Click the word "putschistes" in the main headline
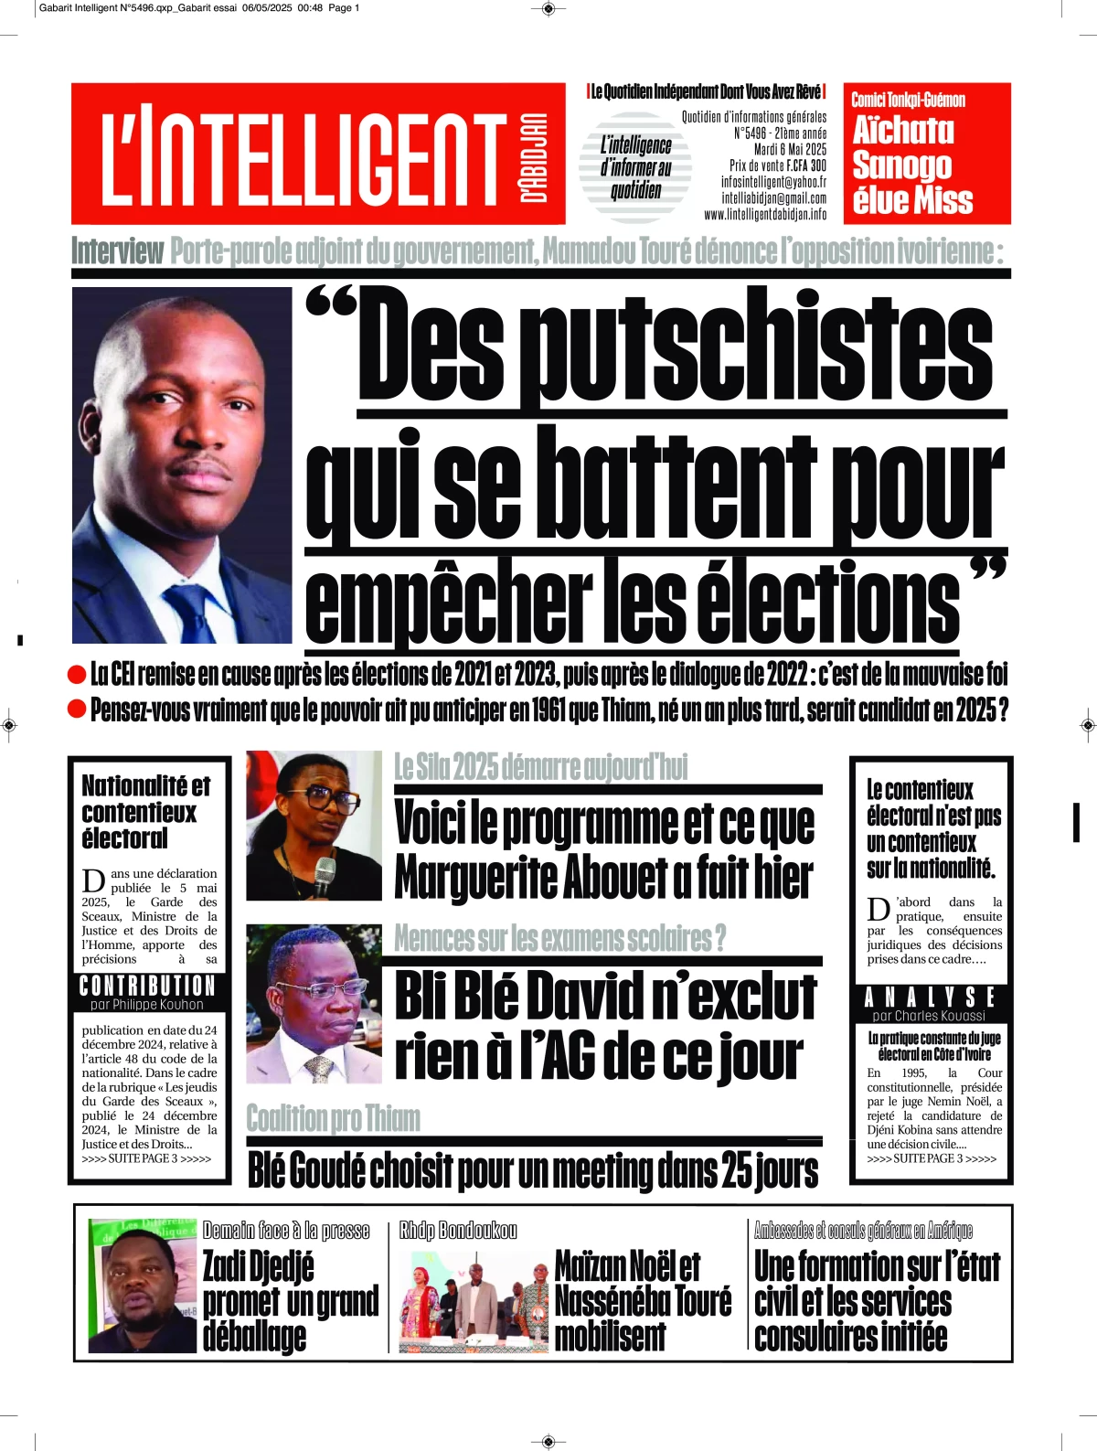[x=763, y=352]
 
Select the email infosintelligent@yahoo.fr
[x=773, y=182]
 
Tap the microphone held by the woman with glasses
[x=324, y=877]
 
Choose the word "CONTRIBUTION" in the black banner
[x=148, y=986]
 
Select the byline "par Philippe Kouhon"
[x=147, y=1005]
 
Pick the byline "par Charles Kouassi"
[x=929, y=1016]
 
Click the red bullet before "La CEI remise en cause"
[x=78, y=675]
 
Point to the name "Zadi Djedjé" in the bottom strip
[x=258, y=1267]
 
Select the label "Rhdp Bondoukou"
[x=458, y=1231]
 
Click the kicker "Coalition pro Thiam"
[x=334, y=1118]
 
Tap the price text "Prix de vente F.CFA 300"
[x=778, y=165]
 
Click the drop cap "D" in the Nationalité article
[x=93, y=881]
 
